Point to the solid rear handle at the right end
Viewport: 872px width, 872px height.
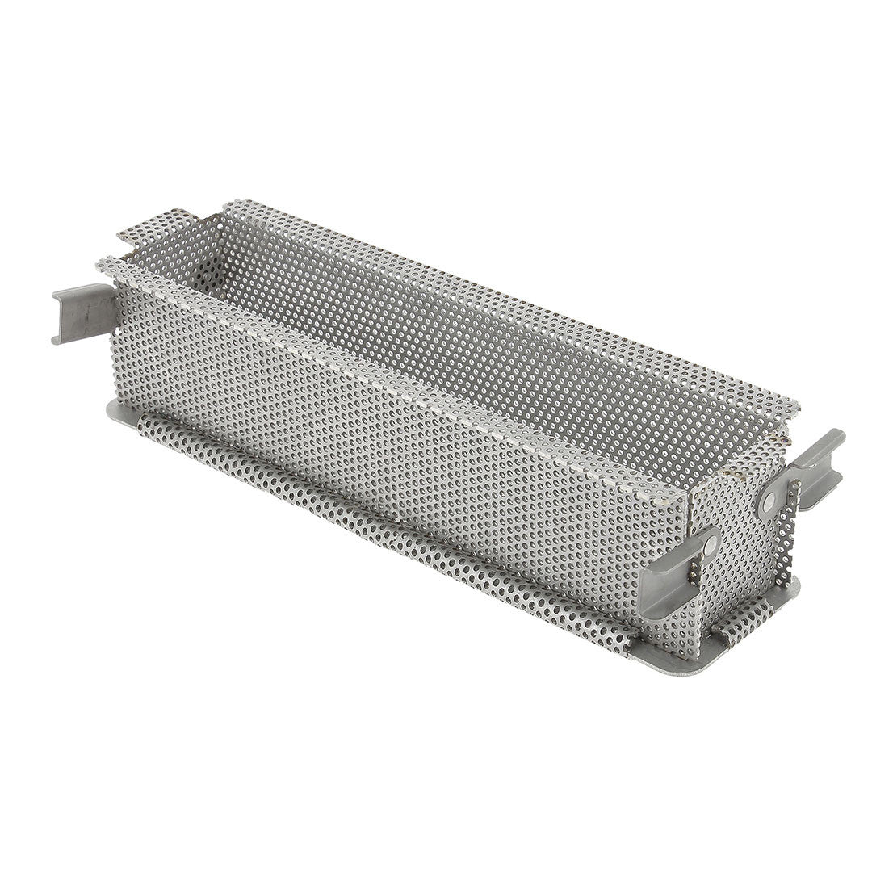click(815, 460)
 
